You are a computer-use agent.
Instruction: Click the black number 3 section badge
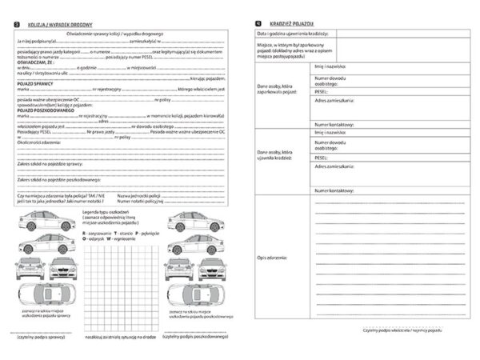point(18,26)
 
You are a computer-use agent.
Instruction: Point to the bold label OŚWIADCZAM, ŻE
point(35,61)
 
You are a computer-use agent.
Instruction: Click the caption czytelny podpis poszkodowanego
point(196,336)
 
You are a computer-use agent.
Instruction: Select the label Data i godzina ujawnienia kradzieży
point(297,34)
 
